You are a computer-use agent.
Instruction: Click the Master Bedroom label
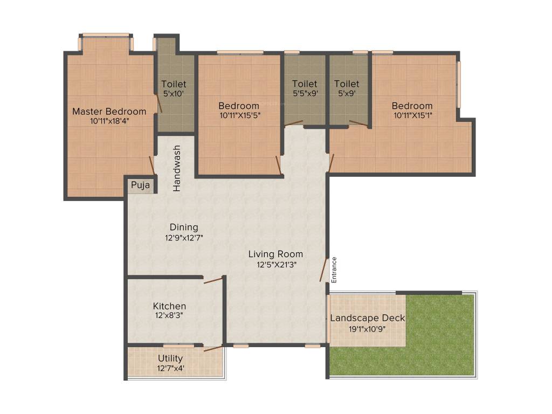coord(109,112)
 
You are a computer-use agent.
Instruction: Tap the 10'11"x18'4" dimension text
coord(109,121)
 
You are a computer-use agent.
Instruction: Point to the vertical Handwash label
coord(177,168)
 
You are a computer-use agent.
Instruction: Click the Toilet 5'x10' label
coord(174,84)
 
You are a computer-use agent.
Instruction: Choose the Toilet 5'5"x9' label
coord(305,84)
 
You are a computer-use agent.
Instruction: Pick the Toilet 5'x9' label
coord(347,84)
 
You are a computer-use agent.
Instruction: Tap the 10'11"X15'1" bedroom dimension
coord(412,115)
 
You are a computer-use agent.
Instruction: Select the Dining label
coord(184,227)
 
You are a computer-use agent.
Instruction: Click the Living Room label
coord(275,254)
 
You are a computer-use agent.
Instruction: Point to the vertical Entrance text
coord(334,270)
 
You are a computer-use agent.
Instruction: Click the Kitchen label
coord(169,306)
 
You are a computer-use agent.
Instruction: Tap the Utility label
coord(170,358)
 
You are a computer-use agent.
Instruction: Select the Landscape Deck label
coord(368,318)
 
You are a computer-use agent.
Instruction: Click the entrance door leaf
coord(323,270)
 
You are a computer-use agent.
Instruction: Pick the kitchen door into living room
coord(213,279)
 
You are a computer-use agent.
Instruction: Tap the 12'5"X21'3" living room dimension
coord(276,264)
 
